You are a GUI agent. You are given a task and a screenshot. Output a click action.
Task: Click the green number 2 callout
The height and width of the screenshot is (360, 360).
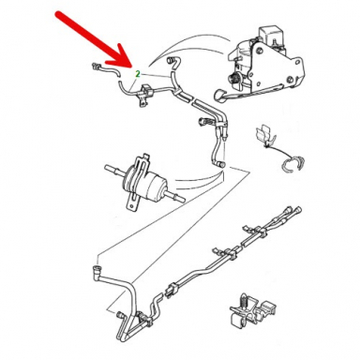point(137,74)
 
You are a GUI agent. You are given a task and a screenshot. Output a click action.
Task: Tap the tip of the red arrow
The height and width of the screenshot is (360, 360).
point(131,67)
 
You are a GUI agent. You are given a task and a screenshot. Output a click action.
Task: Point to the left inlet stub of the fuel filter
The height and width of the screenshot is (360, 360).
point(115,170)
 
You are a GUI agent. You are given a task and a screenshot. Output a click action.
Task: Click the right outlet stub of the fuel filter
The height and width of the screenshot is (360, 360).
point(175,198)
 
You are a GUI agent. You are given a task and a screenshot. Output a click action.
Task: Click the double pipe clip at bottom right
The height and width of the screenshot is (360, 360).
point(252,312)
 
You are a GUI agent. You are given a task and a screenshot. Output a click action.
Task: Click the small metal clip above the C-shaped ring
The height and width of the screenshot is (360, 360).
point(265,135)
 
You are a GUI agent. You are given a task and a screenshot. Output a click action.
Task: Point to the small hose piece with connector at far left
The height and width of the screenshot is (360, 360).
point(105,70)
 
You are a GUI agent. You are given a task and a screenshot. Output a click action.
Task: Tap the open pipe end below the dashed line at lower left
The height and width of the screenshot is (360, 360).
point(97,268)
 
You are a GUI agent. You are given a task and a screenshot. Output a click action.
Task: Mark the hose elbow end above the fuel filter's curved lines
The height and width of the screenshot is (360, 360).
point(220,164)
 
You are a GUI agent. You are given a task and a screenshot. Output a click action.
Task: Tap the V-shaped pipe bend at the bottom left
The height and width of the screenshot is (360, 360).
point(128,328)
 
